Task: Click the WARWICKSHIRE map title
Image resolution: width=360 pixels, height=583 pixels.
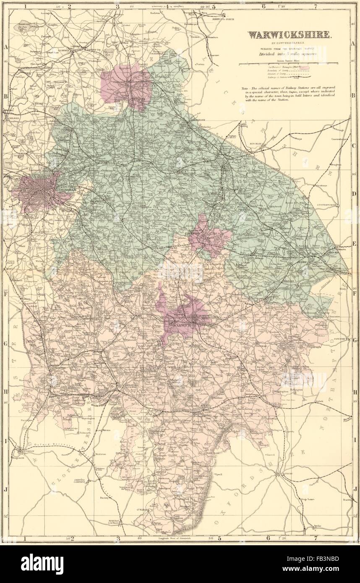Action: tap(290, 35)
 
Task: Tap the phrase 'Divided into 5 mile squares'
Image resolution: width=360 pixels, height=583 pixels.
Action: tap(290, 55)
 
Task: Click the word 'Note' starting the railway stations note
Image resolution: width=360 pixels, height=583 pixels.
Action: tap(245, 89)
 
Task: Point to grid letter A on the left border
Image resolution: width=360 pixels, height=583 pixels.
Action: tap(6, 47)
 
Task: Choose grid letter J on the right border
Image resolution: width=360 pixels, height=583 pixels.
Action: tap(355, 488)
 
